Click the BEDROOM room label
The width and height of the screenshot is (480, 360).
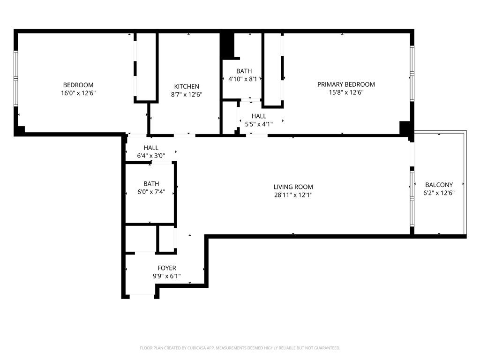(78, 85)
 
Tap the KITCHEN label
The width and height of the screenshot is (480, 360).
(187, 86)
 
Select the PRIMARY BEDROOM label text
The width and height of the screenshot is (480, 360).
(346, 84)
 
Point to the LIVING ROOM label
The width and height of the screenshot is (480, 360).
(293, 187)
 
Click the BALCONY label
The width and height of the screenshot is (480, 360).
(439, 185)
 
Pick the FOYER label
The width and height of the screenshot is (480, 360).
(166, 268)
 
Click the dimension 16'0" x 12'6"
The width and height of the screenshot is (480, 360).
(78, 93)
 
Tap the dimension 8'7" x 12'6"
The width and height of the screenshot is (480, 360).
(187, 94)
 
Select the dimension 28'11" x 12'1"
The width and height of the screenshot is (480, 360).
(293, 195)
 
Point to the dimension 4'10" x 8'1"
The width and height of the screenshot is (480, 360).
(244, 79)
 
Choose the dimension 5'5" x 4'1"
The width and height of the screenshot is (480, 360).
(258, 124)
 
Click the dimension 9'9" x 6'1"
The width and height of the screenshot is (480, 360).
(166, 276)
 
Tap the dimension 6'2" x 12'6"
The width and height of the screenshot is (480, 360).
(439, 193)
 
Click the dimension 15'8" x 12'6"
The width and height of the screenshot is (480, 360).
(346, 92)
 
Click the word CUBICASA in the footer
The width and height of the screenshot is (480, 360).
(195, 348)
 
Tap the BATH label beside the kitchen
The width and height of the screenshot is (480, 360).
(244, 71)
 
